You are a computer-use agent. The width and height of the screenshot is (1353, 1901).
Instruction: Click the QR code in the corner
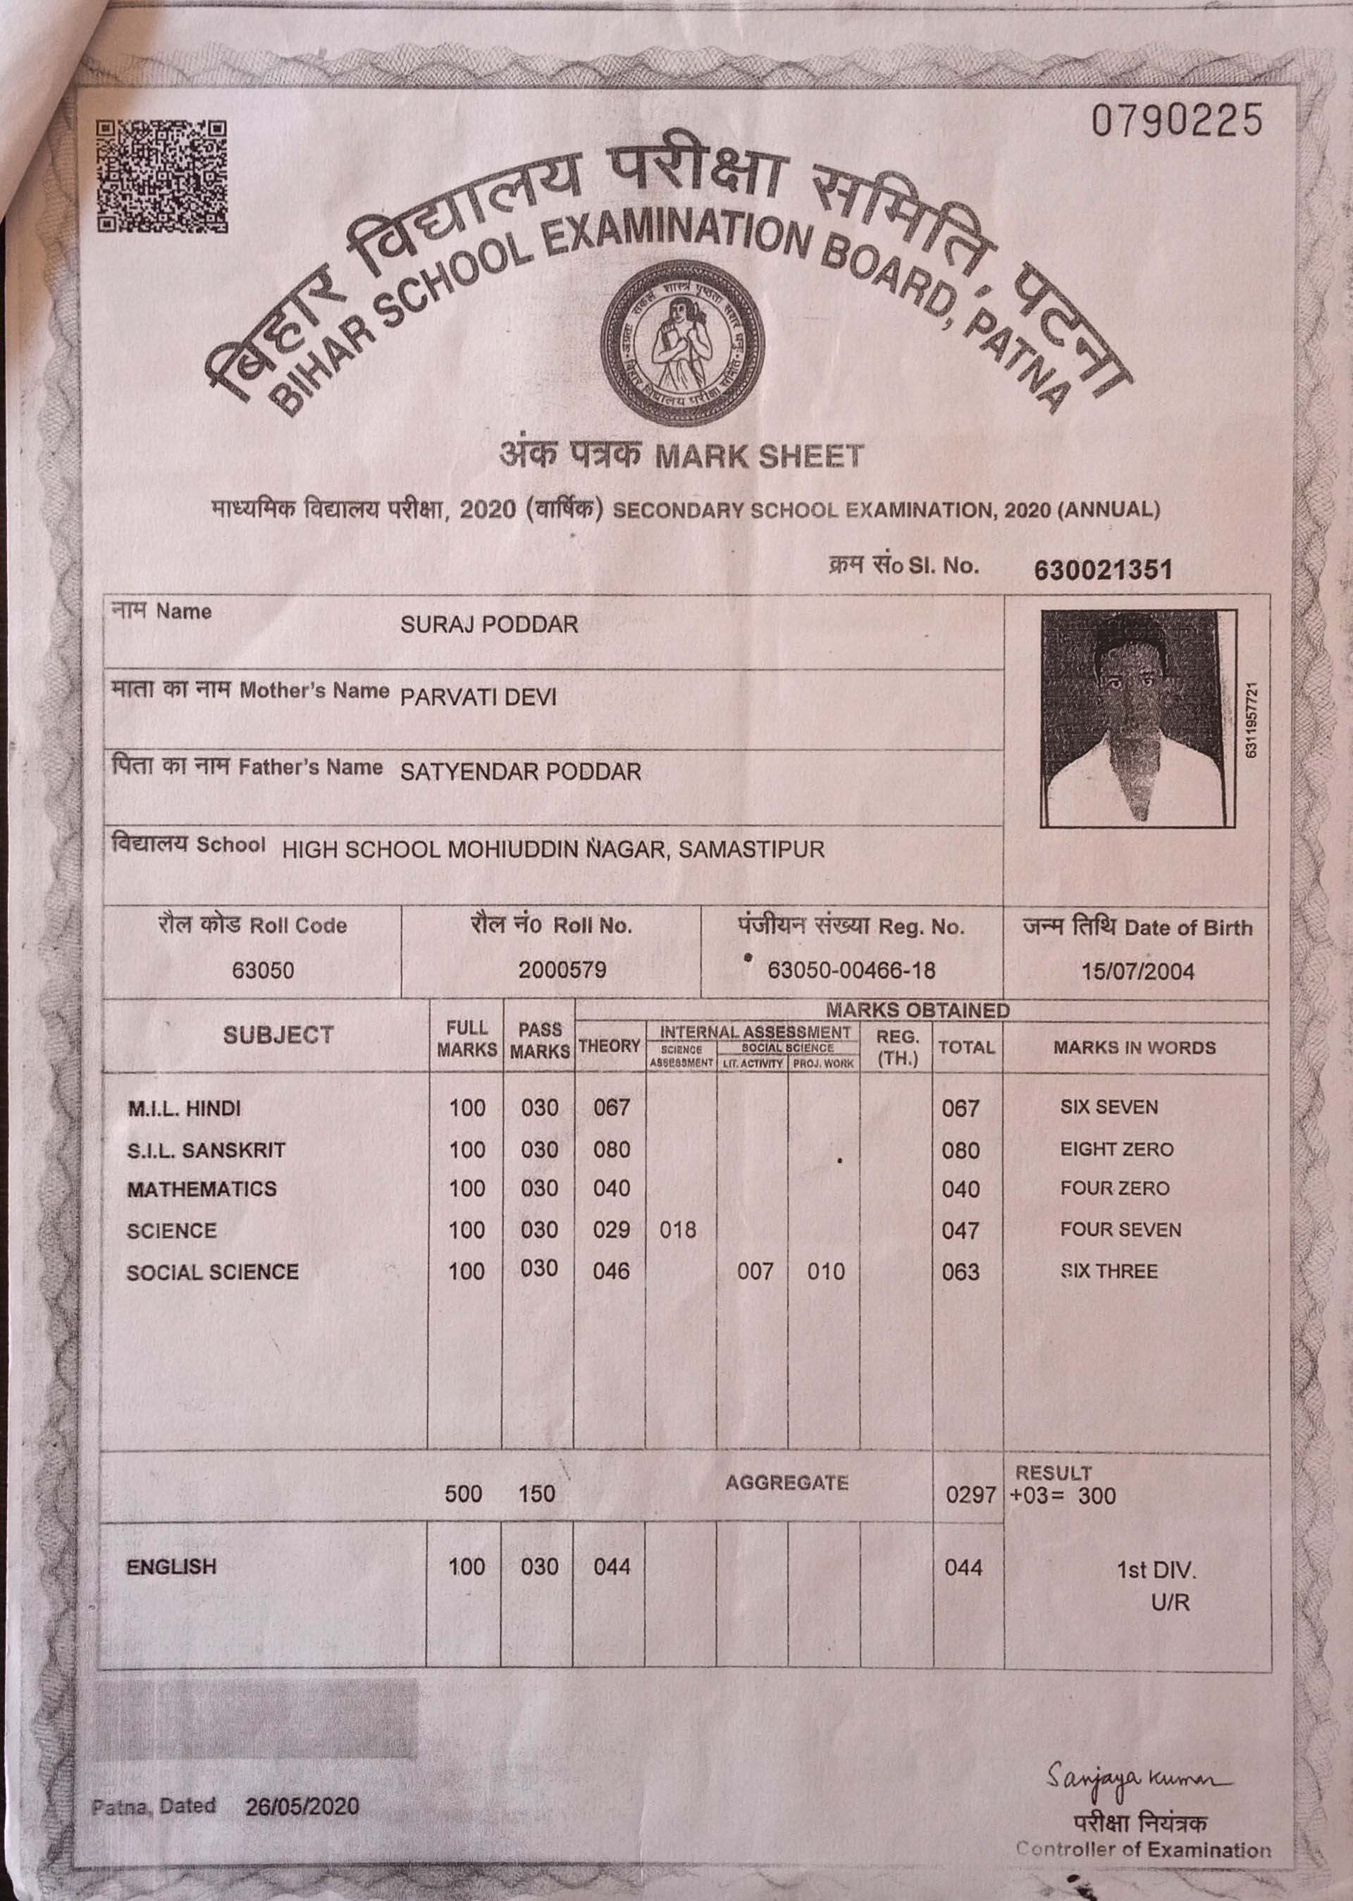coord(161,176)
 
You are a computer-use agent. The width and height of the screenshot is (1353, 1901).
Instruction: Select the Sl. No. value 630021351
coord(1102,570)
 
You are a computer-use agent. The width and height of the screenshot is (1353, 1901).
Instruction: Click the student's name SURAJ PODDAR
coord(489,625)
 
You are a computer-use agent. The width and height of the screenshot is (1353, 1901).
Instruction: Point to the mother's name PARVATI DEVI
coord(478,697)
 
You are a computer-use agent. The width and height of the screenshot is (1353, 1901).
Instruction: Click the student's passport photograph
coord(1137,718)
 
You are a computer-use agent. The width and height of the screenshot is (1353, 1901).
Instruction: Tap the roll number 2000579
coord(562,970)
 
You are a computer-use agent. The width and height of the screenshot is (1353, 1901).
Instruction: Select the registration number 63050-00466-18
coord(851,971)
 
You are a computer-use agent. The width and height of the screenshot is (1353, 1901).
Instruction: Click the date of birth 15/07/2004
coord(1137,972)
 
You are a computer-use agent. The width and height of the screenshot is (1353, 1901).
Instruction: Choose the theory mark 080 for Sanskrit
coord(612,1150)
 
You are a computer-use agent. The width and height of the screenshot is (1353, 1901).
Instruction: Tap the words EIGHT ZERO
coord(1116,1150)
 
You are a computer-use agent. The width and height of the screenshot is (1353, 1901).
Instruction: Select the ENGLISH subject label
coord(172,1567)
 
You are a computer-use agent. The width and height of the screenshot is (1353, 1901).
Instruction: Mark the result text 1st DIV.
coord(1156,1571)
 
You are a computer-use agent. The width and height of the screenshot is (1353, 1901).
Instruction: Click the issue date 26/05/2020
coord(302,1807)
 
